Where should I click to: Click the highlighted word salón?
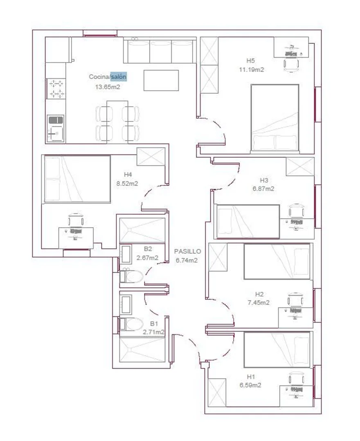(x=119, y=76)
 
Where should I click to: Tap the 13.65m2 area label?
(x=108, y=87)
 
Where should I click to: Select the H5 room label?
(x=250, y=60)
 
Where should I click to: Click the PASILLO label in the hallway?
(x=187, y=251)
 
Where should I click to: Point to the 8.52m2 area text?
(x=127, y=184)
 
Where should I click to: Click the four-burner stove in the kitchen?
(x=56, y=89)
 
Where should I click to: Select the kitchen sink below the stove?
(x=56, y=128)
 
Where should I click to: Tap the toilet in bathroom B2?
(x=132, y=277)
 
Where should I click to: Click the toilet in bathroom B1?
(x=132, y=324)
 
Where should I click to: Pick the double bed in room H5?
(x=275, y=119)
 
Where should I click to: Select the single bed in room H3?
(x=248, y=222)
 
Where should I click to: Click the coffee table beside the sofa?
(x=161, y=81)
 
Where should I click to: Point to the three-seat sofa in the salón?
(x=160, y=51)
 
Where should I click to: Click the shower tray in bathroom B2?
(x=142, y=231)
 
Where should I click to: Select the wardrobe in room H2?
(x=218, y=257)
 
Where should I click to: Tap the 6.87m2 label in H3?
(x=263, y=189)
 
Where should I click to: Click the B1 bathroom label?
(x=154, y=324)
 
